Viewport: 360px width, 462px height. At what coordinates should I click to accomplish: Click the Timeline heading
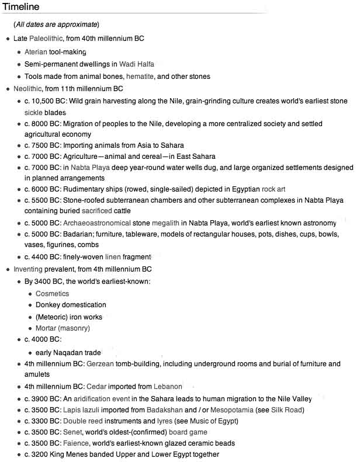pos(21,7)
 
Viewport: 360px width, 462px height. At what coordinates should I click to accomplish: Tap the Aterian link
pos(36,51)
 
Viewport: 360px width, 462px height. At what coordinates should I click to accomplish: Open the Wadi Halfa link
pos(137,64)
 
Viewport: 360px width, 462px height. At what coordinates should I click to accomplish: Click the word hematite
pos(140,77)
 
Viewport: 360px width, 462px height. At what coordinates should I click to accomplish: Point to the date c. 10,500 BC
pos(46,101)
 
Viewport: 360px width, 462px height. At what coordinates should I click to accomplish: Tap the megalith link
pos(165,223)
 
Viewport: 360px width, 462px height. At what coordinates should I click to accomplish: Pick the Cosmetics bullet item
pos(52,294)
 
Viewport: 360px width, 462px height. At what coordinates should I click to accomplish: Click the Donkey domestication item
pos(71,305)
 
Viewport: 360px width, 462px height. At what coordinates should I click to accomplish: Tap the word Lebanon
pos(168,387)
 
